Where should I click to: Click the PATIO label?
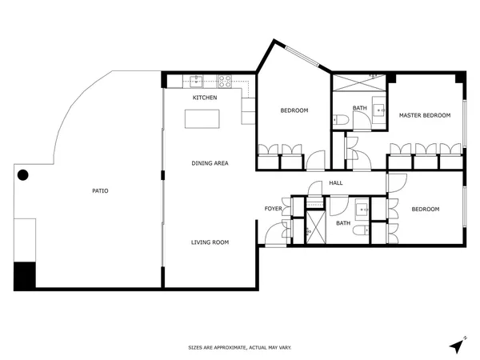[100, 190]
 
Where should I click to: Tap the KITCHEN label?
[205, 98]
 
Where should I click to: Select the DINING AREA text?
[210, 163]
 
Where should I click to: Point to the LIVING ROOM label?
[210, 242]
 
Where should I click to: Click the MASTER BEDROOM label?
[425, 115]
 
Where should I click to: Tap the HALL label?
[336, 183]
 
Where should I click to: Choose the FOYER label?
[273, 209]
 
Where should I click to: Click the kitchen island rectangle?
[202, 118]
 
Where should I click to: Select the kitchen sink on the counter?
[196, 82]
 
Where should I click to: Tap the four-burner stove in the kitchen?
[224, 82]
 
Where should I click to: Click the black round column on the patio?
[23, 175]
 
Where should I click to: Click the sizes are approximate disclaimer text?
[240, 347]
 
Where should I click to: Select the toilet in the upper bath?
[341, 119]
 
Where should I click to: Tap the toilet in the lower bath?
[361, 230]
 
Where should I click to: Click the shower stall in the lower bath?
[316, 227]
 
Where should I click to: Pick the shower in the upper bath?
[359, 82]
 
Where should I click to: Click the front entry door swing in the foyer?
[276, 234]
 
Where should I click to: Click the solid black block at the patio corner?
[25, 275]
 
